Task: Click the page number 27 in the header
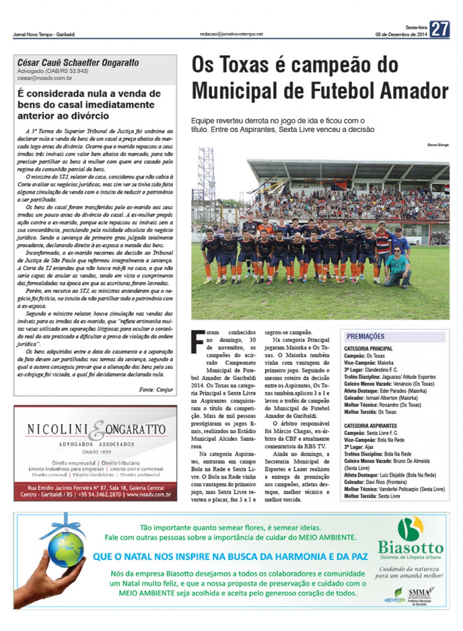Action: [x=439, y=29]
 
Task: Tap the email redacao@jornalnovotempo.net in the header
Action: [x=231, y=34]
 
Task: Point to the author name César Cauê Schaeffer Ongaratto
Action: [x=78, y=63]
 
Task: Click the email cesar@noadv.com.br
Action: [x=45, y=78]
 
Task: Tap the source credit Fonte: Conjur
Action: [x=156, y=390]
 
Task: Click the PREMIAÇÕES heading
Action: [x=365, y=336]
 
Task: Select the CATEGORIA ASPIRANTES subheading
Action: [x=370, y=425]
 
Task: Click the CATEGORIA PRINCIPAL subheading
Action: [x=368, y=349]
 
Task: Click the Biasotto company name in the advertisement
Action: [x=410, y=547]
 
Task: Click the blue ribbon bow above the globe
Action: [x=67, y=521]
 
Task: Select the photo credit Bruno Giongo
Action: [x=438, y=145]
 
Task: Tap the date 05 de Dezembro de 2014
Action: [x=401, y=35]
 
